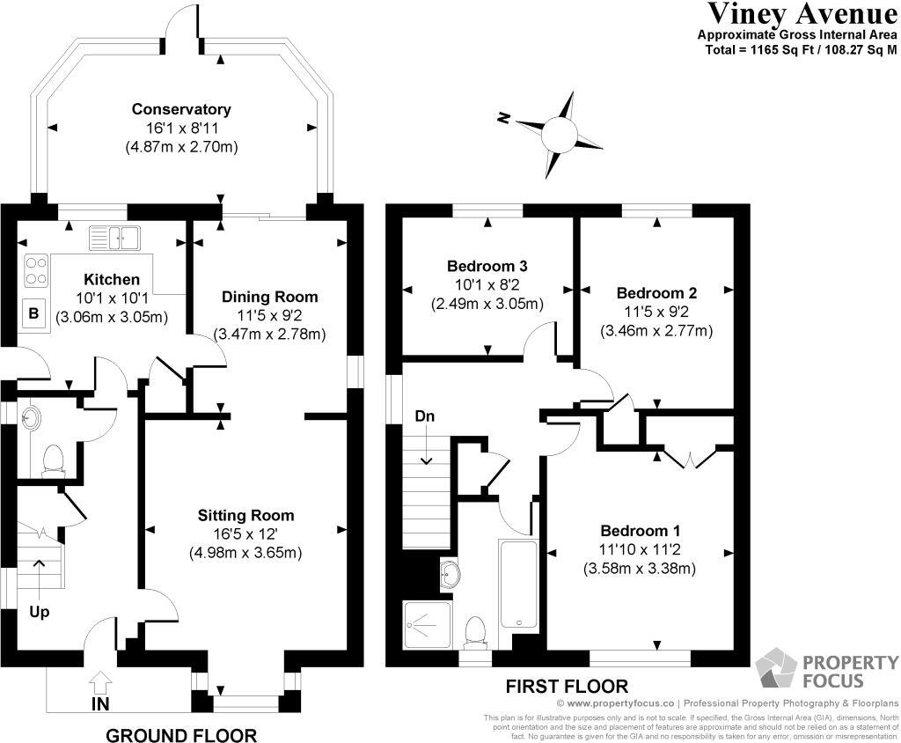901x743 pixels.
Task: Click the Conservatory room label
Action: [181, 110]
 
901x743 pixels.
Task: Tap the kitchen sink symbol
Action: [114, 237]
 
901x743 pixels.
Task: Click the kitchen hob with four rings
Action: [36, 270]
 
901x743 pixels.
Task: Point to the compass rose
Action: [558, 135]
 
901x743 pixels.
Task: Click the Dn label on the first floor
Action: [426, 416]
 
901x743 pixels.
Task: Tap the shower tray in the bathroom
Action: [427, 624]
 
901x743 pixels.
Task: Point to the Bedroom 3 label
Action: [487, 266]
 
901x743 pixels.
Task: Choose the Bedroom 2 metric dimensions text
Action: [656, 331]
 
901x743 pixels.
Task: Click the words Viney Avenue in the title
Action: [801, 14]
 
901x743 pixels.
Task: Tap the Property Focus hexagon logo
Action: [776, 670]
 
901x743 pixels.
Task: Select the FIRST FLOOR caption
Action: [567, 687]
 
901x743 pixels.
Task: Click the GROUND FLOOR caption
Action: [181, 735]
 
